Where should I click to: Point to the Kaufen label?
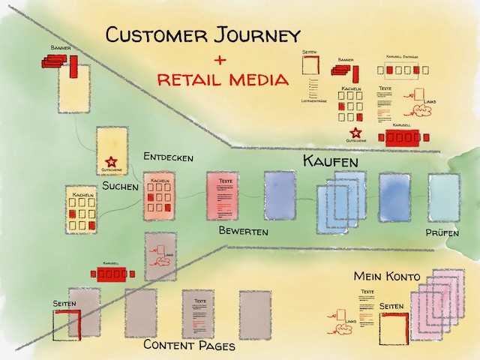pyautogui.click(x=330, y=161)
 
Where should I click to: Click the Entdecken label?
pyautogui.click(x=169, y=158)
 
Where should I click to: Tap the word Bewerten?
pyautogui.click(x=243, y=232)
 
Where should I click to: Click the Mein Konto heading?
pyautogui.click(x=387, y=277)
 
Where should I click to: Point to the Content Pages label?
pyautogui.click(x=189, y=346)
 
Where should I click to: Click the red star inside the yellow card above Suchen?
pyautogui.click(x=112, y=161)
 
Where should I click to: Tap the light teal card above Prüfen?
pyautogui.click(x=443, y=198)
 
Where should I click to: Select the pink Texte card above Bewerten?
pyautogui.click(x=225, y=198)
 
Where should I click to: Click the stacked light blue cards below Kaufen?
pyautogui.click(x=342, y=204)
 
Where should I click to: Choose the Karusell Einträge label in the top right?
pyautogui.click(x=406, y=58)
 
